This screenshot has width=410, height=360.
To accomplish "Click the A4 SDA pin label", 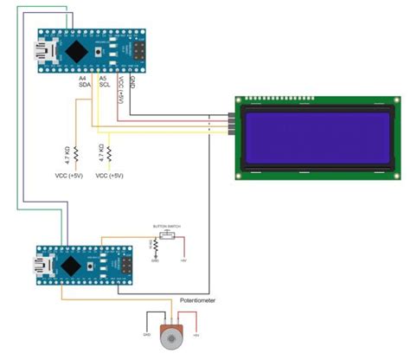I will [83, 84].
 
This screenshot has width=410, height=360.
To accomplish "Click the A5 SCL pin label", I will [104, 84].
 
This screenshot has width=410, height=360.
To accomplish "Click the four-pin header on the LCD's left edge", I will [232, 125].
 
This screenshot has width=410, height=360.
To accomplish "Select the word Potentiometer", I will [197, 300].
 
